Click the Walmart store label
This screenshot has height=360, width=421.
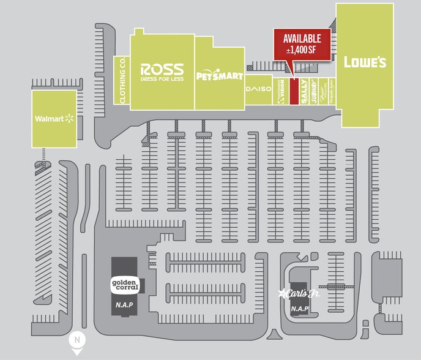pyautogui.click(x=49, y=118)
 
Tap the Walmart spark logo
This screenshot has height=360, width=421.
pyautogui.click(x=69, y=118)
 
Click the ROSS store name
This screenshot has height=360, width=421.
pyautogui.click(x=162, y=69)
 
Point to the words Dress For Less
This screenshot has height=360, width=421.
pyautogui.click(x=162, y=78)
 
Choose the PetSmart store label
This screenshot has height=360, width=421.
pyautogui.click(x=220, y=76)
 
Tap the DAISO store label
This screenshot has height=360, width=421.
pyautogui.click(x=258, y=89)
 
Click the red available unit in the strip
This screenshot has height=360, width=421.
pyautogui.click(x=293, y=91)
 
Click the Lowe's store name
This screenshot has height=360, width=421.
pyautogui.click(x=365, y=62)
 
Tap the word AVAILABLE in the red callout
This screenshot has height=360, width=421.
pyautogui.click(x=302, y=39)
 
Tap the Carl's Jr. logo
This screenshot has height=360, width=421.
pyautogui.click(x=300, y=293)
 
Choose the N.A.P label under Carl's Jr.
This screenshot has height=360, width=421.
pyautogui.click(x=300, y=309)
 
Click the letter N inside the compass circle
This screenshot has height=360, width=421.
pyautogui.click(x=77, y=339)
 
